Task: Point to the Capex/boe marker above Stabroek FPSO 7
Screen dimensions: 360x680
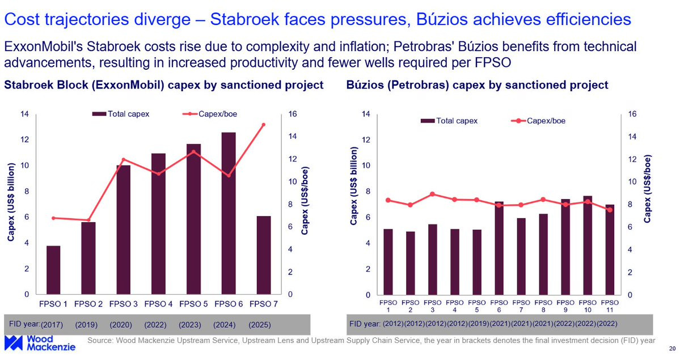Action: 263,125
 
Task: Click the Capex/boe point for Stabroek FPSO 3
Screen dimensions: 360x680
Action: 124,159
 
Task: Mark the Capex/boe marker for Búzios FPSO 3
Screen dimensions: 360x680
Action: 432,194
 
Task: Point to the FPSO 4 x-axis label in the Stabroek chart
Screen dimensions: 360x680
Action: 158,303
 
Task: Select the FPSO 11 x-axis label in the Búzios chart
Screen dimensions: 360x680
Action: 609,306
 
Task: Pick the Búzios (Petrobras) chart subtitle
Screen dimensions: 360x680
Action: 477,85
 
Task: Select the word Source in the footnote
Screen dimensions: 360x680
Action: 99,341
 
